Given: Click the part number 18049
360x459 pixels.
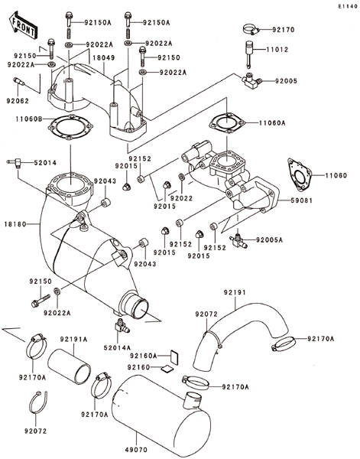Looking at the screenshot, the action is point(104,57).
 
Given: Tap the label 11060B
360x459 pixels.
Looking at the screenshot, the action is point(29,119).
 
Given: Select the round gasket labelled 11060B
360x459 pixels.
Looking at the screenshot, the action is point(70,127).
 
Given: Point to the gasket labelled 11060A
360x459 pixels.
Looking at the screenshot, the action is point(227,123).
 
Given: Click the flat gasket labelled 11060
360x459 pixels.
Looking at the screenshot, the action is point(299,175).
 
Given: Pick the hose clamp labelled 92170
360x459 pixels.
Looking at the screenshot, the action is point(251,29).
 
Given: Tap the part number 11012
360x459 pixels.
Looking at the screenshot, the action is point(277,50).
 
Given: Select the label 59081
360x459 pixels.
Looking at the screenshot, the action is point(301,200).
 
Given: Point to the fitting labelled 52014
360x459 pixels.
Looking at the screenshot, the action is point(15,161).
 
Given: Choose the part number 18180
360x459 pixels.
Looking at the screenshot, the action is point(15,224).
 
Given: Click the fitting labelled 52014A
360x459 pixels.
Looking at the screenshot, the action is point(122,327).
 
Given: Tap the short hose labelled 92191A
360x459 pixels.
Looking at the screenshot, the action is point(70,366).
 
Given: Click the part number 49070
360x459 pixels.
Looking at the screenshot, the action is point(136,450).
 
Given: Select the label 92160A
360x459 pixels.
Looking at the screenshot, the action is point(144,356).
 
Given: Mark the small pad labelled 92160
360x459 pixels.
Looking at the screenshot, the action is point(167,369).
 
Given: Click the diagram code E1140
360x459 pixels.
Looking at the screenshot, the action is point(348,6).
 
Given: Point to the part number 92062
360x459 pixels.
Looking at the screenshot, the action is point(18,101).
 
